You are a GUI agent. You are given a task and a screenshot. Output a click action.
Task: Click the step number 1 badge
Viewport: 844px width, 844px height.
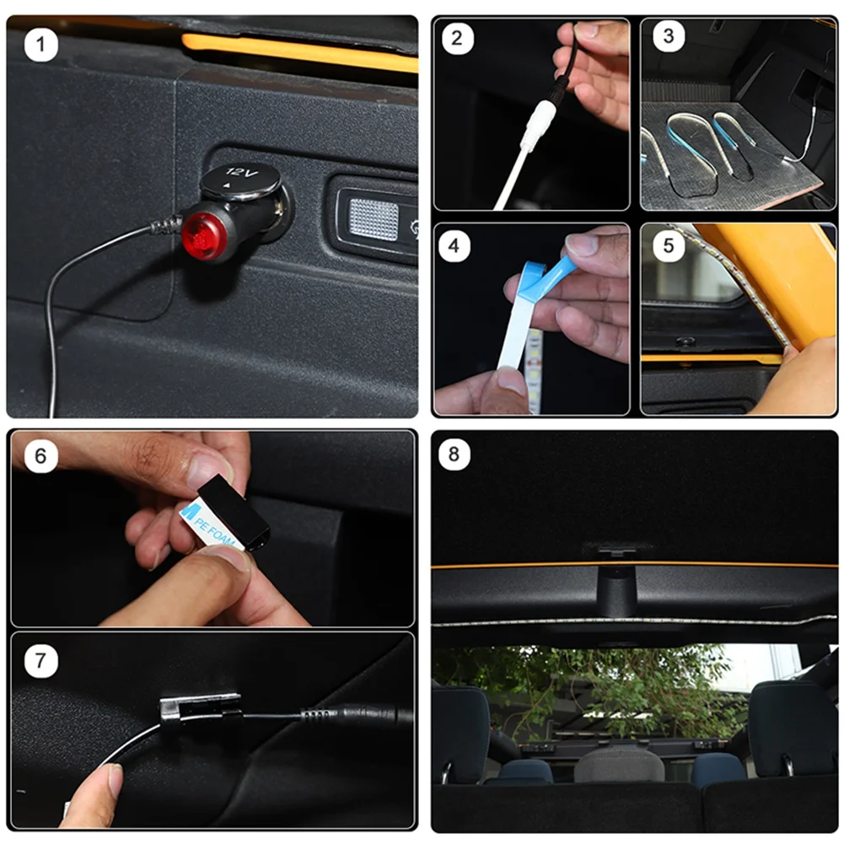click(x=41, y=45)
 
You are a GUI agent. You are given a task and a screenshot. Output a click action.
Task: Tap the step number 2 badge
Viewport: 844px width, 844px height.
click(x=457, y=38)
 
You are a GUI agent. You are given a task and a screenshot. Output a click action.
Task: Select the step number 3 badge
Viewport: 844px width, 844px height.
click(x=669, y=36)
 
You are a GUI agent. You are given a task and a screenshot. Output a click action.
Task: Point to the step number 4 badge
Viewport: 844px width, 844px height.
click(x=454, y=246)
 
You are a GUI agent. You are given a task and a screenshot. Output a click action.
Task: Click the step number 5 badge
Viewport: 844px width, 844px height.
click(x=669, y=246)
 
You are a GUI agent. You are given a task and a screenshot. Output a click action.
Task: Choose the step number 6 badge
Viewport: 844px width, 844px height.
click(x=41, y=456)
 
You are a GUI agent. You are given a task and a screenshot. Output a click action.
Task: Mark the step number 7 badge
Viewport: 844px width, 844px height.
click(x=41, y=660)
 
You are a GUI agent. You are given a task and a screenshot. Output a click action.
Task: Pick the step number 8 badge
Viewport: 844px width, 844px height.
click(x=454, y=454)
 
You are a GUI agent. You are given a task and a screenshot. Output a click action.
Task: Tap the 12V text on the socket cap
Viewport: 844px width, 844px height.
click(x=242, y=173)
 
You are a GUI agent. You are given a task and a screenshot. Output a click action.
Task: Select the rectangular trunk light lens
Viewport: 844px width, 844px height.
click(x=374, y=219)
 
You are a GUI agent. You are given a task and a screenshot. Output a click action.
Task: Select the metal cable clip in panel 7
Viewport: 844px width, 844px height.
click(x=200, y=707)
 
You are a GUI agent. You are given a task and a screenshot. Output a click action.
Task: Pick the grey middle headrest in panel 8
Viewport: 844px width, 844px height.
click(x=619, y=765)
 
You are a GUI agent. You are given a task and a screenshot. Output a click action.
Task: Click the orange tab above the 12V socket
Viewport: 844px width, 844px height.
click(x=299, y=52)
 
